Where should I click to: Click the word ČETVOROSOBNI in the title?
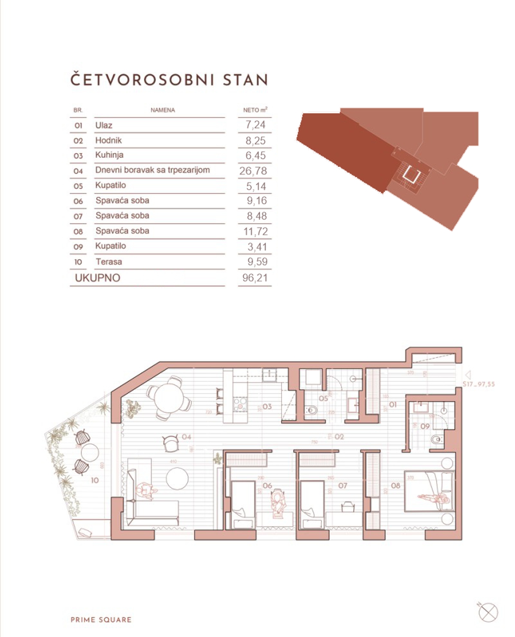coord(142,80)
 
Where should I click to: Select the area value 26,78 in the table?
coord(253,171)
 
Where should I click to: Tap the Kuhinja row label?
coord(109,155)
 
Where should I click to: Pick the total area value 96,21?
coord(255,278)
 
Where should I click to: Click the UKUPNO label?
coord(97,278)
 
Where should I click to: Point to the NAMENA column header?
coord(163,110)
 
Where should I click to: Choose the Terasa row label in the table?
coord(109,261)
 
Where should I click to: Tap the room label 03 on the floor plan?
coord(267,406)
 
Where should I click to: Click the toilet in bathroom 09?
coord(436,439)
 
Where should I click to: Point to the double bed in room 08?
coord(429,491)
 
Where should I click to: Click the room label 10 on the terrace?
coord(94,480)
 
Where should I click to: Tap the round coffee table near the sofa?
coord(177,478)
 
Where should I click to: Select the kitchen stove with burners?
coord(240,404)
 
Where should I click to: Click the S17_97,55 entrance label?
coord(479,384)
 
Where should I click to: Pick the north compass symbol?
coord(488,612)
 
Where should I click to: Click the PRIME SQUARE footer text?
coord(101,620)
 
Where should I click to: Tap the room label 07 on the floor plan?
coord(342,486)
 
